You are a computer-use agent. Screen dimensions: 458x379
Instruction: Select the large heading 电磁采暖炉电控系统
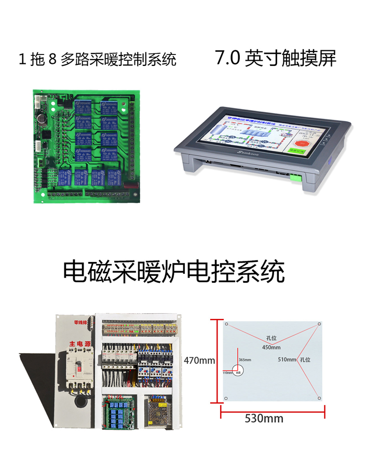[174, 271]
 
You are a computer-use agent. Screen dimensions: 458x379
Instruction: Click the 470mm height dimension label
[199, 360]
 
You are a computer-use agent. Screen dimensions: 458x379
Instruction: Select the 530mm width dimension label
[264, 418]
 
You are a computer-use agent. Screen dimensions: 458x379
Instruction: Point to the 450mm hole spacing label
[271, 347]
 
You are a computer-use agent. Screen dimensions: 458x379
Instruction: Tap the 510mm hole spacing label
[287, 359]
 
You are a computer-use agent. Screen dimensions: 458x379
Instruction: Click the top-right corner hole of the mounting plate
[319, 324]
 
